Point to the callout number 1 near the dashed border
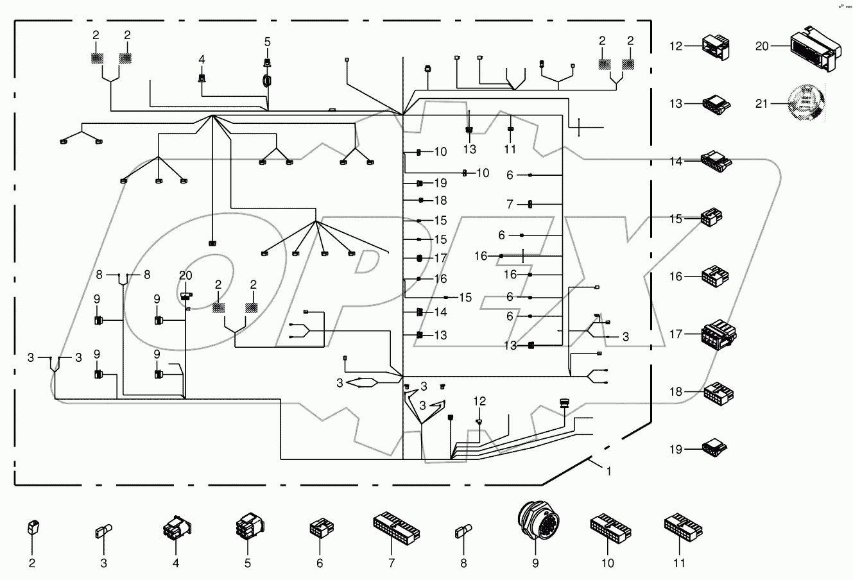(608, 471)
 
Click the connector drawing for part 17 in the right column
(718, 334)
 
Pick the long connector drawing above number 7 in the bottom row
(396, 527)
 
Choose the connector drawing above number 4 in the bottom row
(175, 529)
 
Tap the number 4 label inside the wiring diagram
(202, 60)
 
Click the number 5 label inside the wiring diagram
(268, 42)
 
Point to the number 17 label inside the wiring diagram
(440, 258)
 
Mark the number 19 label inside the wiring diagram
(440, 183)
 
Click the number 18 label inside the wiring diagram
(440, 200)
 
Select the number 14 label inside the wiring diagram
(440, 312)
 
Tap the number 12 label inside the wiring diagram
(480, 401)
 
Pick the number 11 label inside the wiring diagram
(510, 149)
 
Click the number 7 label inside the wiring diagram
(510, 205)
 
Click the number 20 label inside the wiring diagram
(185, 275)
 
